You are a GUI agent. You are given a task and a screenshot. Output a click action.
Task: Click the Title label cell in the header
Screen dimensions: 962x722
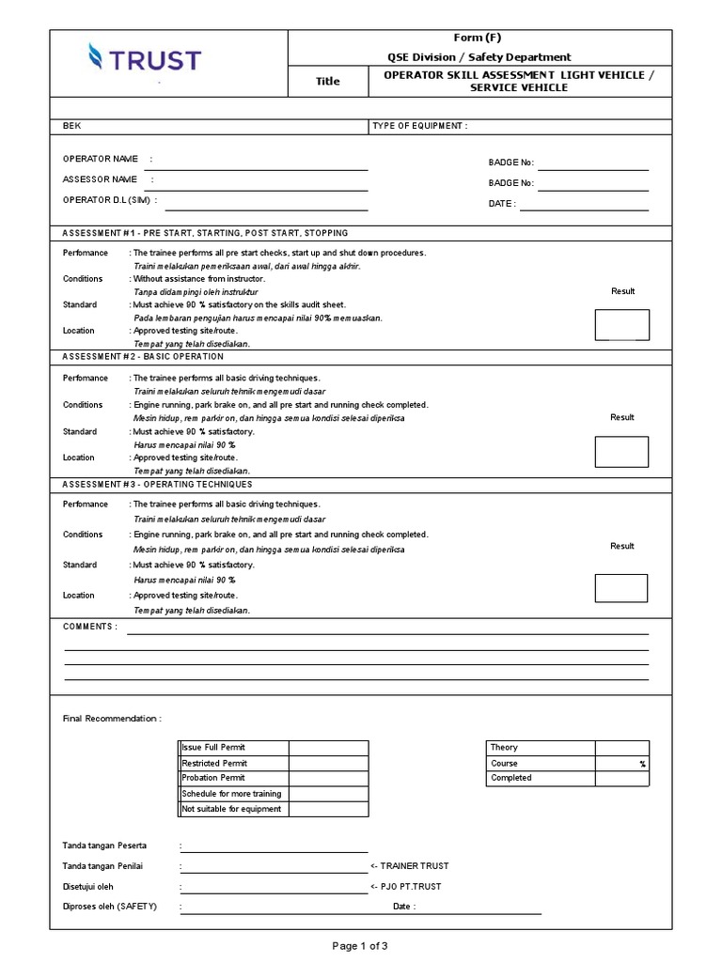pyautogui.click(x=327, y=81)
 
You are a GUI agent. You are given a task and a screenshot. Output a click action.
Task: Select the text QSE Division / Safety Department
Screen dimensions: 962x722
pyautogui.click(x=479, y=57)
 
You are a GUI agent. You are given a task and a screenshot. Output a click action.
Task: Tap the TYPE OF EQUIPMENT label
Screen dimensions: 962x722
pyautogui.click(x=419, y=125)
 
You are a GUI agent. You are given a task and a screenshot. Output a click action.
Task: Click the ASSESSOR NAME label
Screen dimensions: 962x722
pyautogui.click(x=100, y=179)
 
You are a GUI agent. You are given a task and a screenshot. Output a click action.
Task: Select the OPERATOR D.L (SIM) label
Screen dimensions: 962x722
pyautogui.click(x=109, y=200)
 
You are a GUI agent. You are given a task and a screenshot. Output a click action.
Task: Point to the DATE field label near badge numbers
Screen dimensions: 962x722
pyautogui.click(x=502, y=203)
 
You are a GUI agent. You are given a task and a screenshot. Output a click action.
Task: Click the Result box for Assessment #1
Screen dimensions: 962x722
pyautogui.click(x=621, y=324)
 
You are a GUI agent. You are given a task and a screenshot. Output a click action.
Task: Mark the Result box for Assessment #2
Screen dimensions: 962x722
pyautogui.click(x=621, y=451)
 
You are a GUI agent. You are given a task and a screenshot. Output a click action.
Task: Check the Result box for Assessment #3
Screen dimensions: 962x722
pyautogui.click(x=621, y=587)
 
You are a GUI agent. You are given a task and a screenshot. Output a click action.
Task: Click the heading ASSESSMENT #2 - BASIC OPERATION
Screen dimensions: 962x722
pyautogui.click(x=143, y=357)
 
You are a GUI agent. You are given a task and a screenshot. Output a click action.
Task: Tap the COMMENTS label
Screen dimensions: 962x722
pyautogui.click(x=90, y=627)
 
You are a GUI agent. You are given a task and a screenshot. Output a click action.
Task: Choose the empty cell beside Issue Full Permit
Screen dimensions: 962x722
pyautogui.click(x=328, y=748)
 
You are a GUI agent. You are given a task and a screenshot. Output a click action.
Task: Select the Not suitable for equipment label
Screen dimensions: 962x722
pyautogui.click(x=231, y=809)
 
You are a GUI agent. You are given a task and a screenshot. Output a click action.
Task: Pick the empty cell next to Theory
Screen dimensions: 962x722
pyautogui.click(x=621, y=748)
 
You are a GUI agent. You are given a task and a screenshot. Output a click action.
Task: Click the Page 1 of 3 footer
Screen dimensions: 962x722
pyautogui.click(x=360, y=946)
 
